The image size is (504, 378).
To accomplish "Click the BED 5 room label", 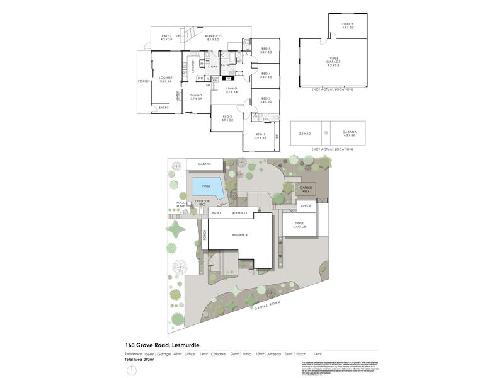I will pyautogui.click(x=265, y=51).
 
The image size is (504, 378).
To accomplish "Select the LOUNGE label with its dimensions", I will pyautogui.click(x=166, y=79).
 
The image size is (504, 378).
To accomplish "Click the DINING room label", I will pyautogui.click(x=196, y=97).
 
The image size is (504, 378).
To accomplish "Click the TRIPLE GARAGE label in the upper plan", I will pyautogui.click(x=333, y=62).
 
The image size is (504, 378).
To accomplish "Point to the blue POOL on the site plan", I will pyautogui.click(x=206, y=187).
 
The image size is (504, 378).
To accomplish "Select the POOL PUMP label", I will pyautogui.click(x=181, y=204).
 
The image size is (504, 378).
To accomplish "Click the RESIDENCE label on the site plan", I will pyautogui.click(x=239, y=234).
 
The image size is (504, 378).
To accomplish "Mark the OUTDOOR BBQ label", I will pyautogui.click(x=202, y=203).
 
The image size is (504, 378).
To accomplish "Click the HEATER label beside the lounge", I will pyautogui.click(x=179, y=96).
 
